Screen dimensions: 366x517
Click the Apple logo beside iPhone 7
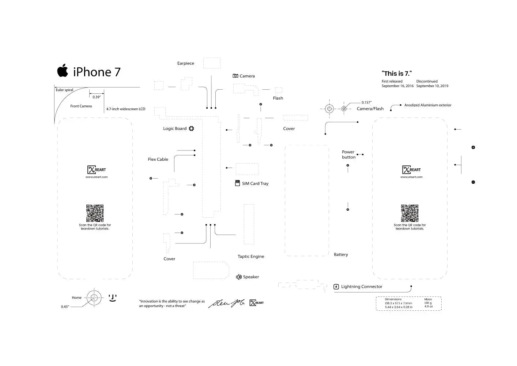63,71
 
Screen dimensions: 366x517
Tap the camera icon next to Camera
235,76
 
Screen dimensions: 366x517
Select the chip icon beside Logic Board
191,128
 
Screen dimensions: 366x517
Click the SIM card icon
238,183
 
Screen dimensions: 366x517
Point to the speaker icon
239,277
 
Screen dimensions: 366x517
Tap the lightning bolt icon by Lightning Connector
336,287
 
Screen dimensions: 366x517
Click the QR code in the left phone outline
95,213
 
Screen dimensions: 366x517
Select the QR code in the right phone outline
410,213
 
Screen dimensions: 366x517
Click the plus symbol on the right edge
473,147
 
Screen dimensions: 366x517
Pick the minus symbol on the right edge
473,182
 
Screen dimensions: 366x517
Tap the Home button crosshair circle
94,298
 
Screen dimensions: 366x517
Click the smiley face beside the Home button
113,298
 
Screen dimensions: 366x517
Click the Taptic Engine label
251,257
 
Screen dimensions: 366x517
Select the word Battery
341,254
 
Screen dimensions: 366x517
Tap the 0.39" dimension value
97,97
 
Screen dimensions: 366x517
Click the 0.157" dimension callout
366,102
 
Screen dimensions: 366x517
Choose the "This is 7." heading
397,74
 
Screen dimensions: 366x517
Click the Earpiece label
186,63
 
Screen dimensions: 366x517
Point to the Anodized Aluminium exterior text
428,105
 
